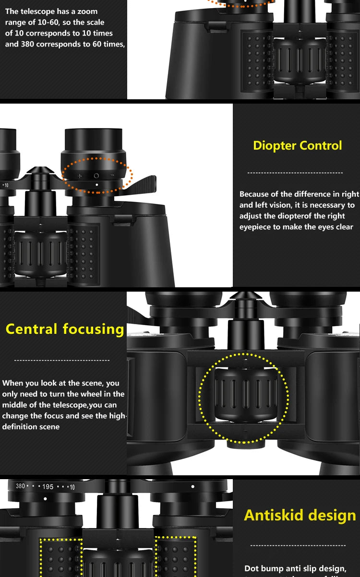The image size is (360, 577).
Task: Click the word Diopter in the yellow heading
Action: (274, 146)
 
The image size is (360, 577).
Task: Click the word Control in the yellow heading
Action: (321, 146)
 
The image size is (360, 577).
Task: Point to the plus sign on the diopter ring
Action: (80, 176)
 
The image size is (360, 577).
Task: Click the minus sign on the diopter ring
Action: (112, 176)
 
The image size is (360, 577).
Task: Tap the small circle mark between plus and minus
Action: (96, 176)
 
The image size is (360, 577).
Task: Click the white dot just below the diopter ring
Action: (96, 184)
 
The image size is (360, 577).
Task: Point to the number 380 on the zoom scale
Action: (20, 486)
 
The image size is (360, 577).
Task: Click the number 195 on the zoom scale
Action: (48, 487)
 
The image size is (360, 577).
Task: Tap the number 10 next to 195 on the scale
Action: (72, 487)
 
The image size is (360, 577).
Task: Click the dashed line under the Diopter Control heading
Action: (295, 173)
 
